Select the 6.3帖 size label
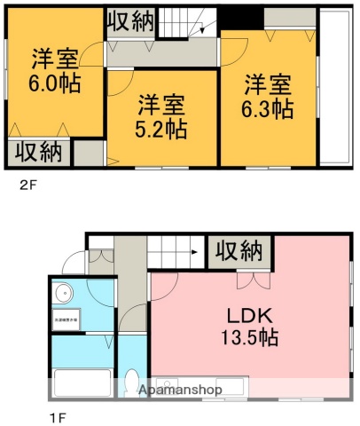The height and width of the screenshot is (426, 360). (x=269, y=109)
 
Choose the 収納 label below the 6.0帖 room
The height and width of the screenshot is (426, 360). (x=38, y=152)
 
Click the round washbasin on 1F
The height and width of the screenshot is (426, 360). (x=65, y=292)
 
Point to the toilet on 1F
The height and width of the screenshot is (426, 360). (x=133, y=383)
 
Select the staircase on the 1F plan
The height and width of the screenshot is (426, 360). (x=176, y=252)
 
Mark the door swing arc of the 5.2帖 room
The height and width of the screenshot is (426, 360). (x=118, y=84)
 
